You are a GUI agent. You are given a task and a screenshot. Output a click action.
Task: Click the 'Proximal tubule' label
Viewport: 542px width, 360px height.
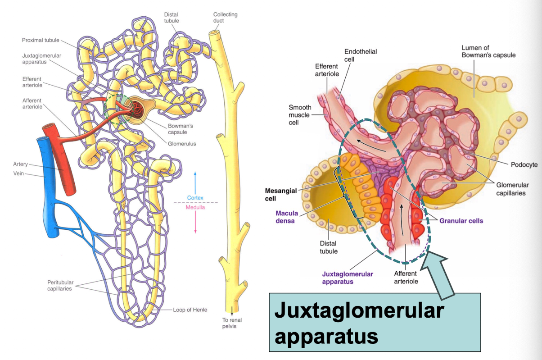click(41, 41)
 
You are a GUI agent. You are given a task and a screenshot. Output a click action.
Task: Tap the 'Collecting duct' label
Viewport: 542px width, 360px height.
click(225, 18)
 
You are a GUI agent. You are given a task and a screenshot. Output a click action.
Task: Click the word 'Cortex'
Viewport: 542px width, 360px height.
click(195, 197)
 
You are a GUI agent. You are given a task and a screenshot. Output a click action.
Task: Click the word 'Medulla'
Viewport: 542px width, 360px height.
click(195, 207)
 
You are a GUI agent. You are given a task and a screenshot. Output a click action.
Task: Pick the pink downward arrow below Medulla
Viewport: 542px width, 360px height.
click(195, 223)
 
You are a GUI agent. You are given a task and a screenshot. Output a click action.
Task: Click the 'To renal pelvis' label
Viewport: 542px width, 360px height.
click(232, 323)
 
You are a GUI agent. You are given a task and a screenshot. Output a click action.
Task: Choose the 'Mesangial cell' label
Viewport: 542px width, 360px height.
click(281, 194)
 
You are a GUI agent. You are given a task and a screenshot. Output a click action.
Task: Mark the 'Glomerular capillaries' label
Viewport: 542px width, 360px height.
click(512, 189)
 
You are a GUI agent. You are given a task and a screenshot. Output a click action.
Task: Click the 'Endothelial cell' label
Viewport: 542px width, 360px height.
click(360, 55)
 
